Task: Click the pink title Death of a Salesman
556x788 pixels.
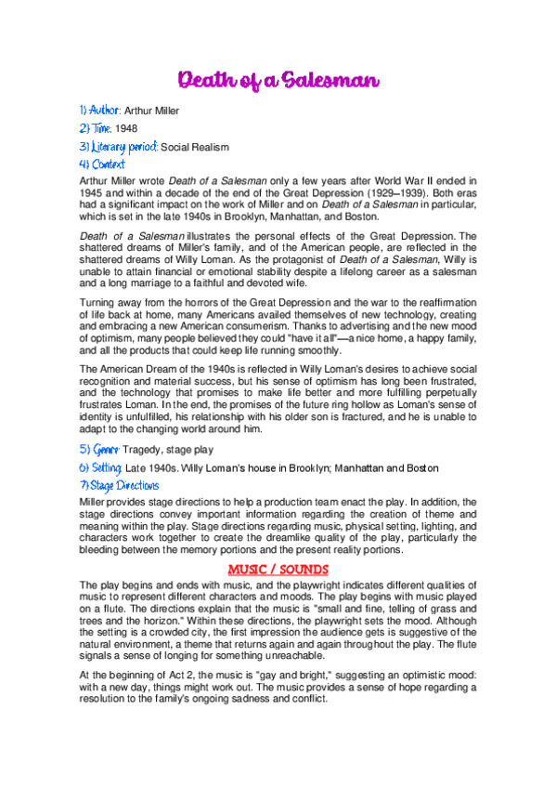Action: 278,81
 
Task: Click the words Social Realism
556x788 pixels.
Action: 195,147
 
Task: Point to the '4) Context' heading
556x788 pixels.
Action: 102,164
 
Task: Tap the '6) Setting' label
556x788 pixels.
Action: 100,466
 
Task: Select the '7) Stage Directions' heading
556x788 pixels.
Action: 119,485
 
